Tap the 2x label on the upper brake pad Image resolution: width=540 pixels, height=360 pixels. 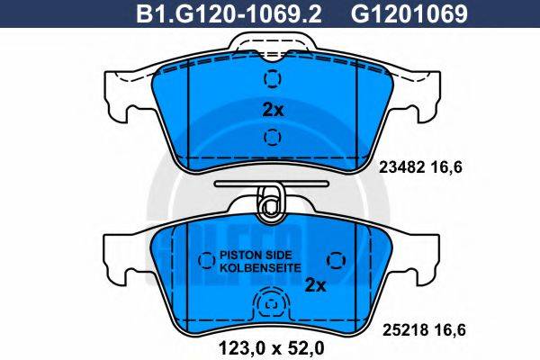coord(272,110)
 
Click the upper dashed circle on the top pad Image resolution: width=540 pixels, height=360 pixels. coord(271,78)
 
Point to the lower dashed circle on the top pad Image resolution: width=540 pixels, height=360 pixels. coord(271,138)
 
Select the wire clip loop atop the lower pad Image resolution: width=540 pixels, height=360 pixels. coord(269,206)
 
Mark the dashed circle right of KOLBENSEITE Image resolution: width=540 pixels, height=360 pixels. coord(336,261)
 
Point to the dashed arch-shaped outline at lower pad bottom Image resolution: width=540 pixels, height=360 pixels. coord(270,308)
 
